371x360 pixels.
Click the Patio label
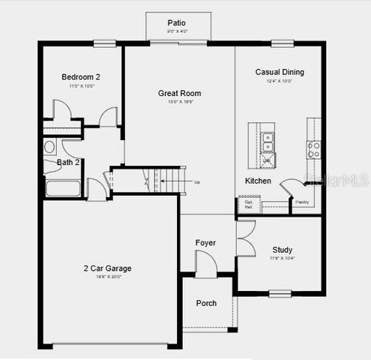click(x=177, y=23)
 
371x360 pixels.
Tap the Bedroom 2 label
click(x=80, y=76)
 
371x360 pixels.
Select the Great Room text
click(x=179, y=94)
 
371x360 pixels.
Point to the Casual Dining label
click(x=280, y=72)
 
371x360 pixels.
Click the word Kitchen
click(x=257, y=181)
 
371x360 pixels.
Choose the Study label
click(x=283, y=250)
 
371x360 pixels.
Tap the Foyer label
click(x=205, y=243)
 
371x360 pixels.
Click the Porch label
click(x=206, y=303)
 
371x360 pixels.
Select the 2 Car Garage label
click(x=107, y=268)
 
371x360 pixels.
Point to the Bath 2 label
click(x=68, y=162)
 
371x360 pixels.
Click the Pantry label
click(x=302, y=202)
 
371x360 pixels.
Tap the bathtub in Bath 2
click(x=63, y=187)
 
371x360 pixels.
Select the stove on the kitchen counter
click(x=313, y=148)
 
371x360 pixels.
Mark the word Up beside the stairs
click(x=197, y=182)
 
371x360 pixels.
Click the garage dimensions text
click(x=107, y=277)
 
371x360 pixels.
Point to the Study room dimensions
click(x=283, y=259)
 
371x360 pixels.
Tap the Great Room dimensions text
click(x=179, y=103)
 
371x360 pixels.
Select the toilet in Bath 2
click(x=49, y=146)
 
